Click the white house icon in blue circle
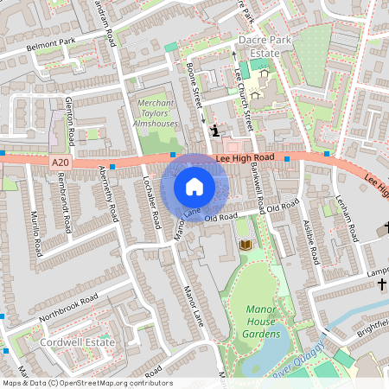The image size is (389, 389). pos(194,186)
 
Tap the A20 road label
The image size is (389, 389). pos(59,162)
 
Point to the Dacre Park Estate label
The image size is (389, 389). pos(259,46)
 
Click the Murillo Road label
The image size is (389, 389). pos(36,233)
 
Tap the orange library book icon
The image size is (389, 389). pos(244,246)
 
